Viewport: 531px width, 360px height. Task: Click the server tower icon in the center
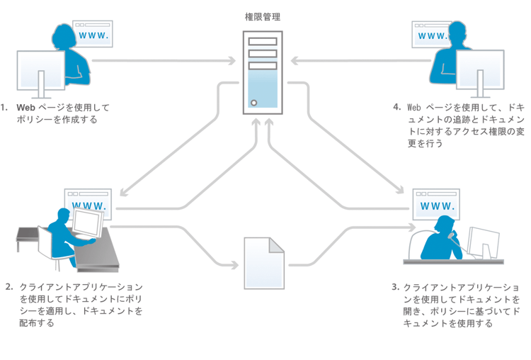click(263, 71)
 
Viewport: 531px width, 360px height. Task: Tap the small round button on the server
click(253, 102)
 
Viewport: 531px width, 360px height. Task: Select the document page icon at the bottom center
click(263, 263)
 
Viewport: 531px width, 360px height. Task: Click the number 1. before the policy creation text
click(6, 108)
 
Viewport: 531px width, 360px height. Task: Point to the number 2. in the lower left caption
click(9, 287)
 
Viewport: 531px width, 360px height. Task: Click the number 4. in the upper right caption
click(397, 107)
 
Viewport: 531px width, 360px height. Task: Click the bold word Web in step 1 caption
click(25, 108)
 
